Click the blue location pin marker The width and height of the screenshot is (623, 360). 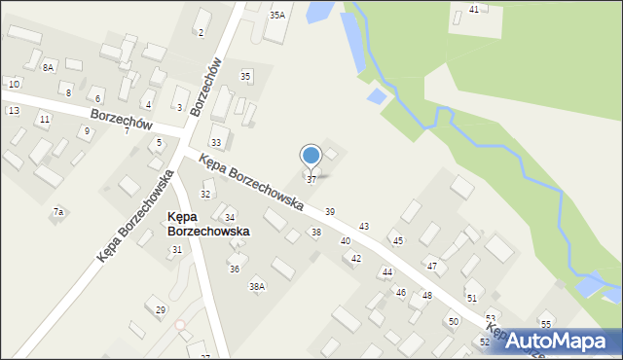(x=311, y=156)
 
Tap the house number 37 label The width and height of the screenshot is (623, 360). (x=311, y=180)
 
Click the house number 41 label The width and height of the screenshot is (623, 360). (x=474, y=9)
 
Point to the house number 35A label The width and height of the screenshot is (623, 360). (x=277, y=15)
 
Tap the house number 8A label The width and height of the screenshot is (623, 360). (x=48, y=67)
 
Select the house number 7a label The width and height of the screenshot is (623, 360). (x=58, y=212)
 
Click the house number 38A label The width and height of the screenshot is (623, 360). (x=257, y=287)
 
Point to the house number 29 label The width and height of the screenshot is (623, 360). (x=161, y=310)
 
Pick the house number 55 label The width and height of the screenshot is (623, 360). (x=546, y=324)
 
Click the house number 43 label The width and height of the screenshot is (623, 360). (x=364, y=226)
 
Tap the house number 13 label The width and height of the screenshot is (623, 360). (x=14, y=111)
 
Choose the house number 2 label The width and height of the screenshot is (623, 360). (x=201, y=33)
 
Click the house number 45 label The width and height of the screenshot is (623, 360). (x=397, y=240)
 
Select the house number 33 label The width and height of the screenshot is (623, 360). (x=216, y=143)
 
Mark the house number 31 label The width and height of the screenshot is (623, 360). (x=177, y=250)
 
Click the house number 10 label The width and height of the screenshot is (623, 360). (x=14, y=85)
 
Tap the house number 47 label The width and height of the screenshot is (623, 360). (x=432, y=266)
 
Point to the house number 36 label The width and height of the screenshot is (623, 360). (x=234, y=269)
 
